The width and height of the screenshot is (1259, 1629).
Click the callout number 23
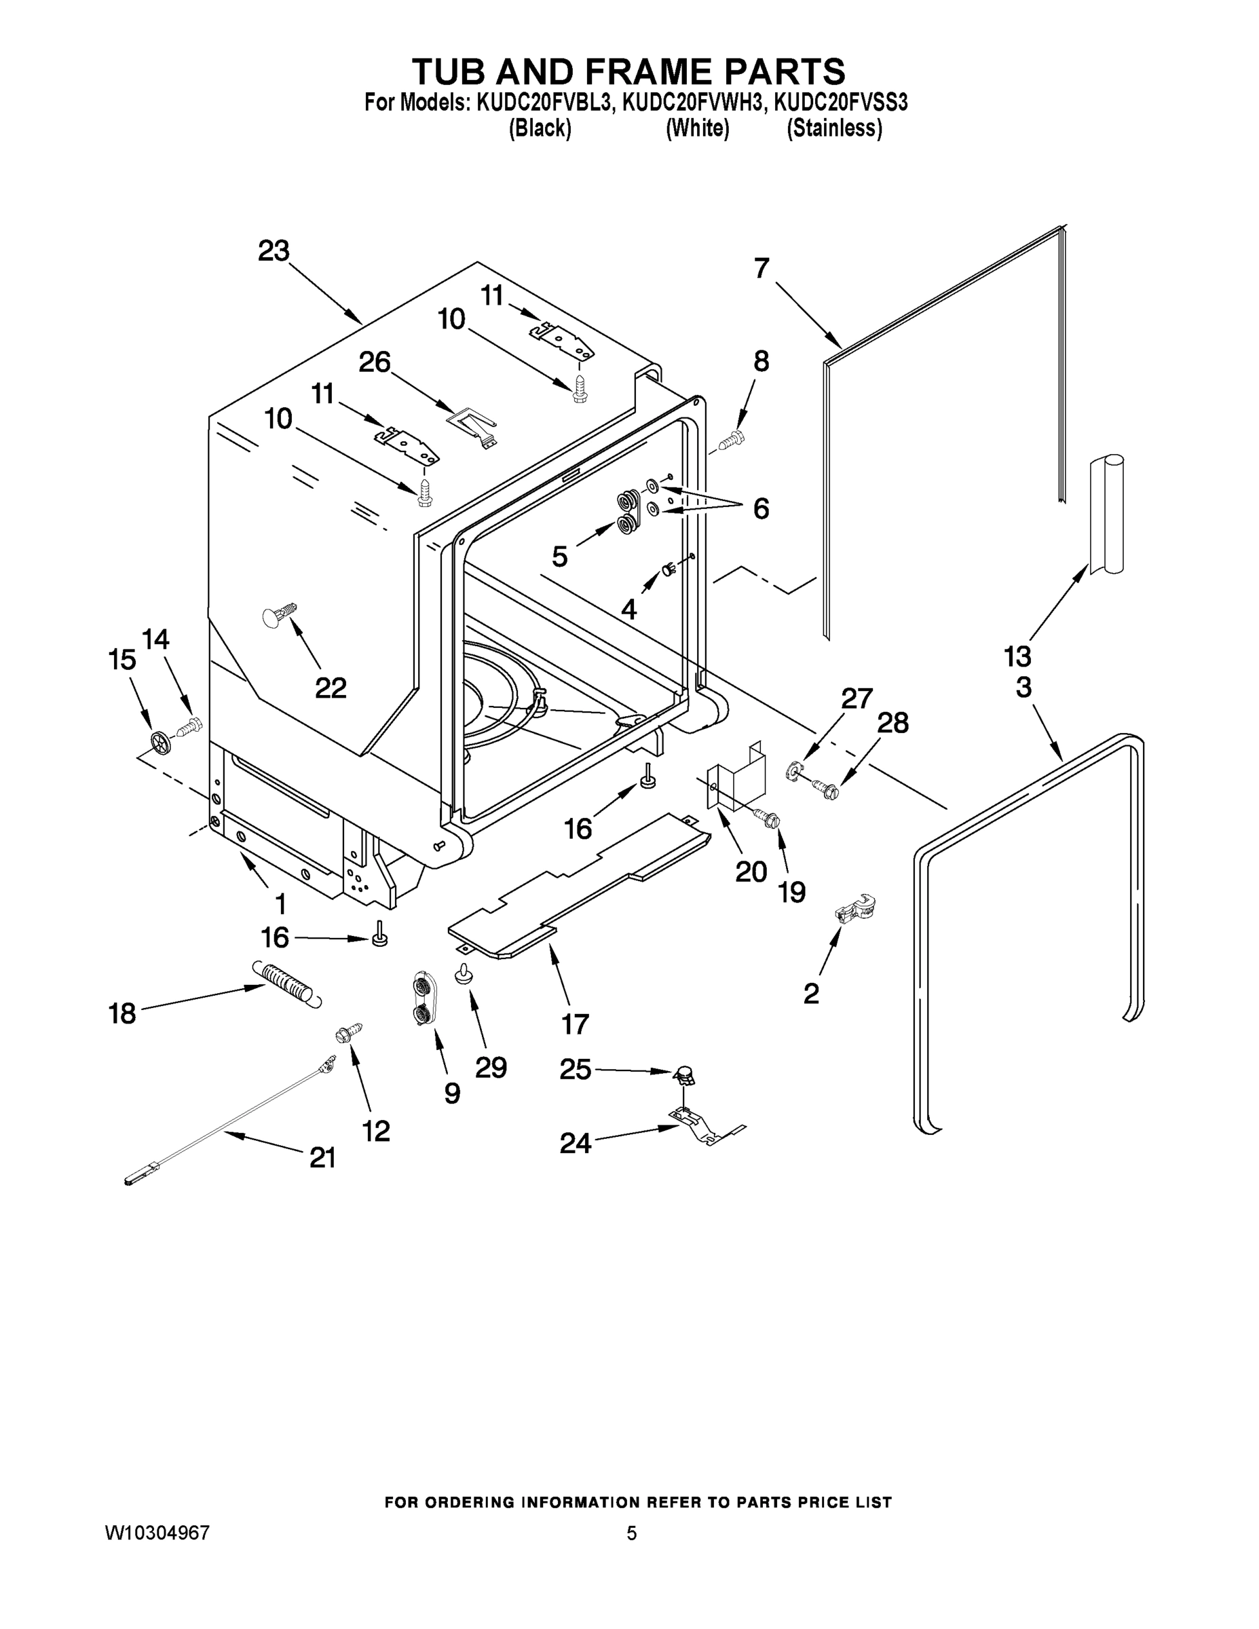pyautogui.click(x=273, y=251)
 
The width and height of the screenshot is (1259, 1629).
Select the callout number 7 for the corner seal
pyautogui.click(x=761, y=269)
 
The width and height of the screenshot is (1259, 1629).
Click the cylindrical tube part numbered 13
pyautogui.click(x=1106, y=514)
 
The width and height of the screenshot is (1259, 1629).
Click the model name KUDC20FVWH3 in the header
pyautogui.click(x=693, y=102)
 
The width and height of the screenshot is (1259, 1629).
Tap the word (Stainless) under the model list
pyautogui.click(x=834, y=128)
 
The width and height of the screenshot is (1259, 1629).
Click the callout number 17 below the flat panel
pyautogui.click(x=575, y=1024)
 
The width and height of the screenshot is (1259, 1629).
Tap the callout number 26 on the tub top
pyautogui.click(x=375, y=362)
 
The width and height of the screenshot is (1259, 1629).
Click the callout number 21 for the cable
pyautogui.click(x=322, y=1157)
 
